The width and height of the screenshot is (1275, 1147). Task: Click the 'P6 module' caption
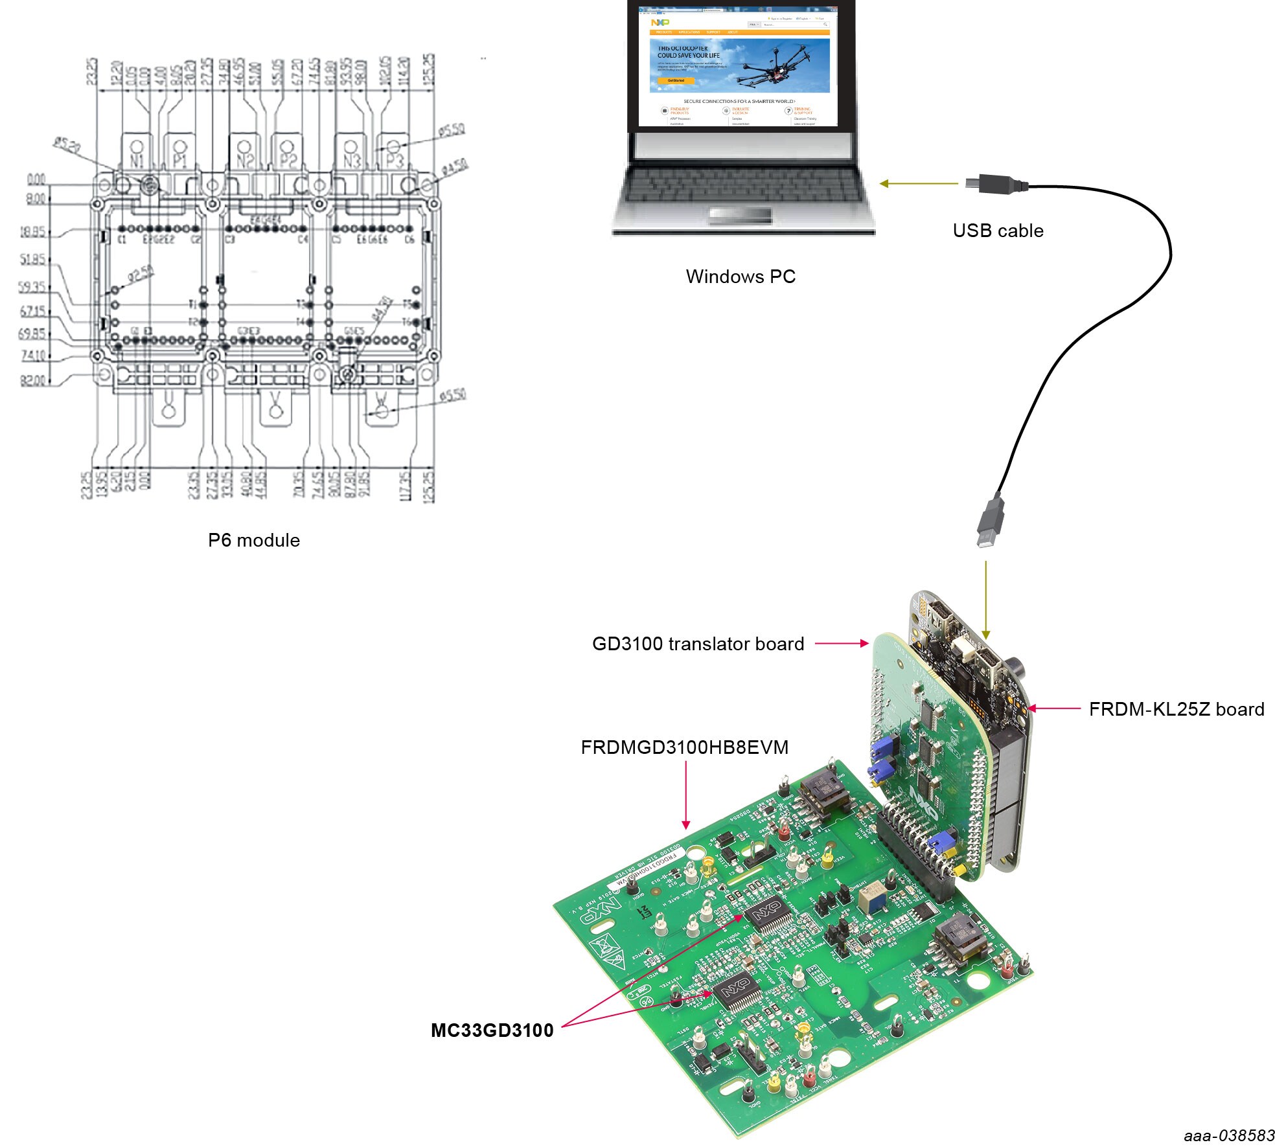point(254,540)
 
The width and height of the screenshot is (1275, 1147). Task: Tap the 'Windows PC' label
point(741,277)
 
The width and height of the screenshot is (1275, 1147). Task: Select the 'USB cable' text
point(998,231)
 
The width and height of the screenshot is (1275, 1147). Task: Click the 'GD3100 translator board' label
point(698,644)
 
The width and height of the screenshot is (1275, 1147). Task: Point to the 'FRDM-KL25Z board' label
point(1176,709)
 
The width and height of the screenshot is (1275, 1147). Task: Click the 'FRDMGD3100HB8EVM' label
point(684,747)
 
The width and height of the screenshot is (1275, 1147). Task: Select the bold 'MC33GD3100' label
point(492,1030)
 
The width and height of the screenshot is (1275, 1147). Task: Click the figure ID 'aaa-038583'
point(1229,1135)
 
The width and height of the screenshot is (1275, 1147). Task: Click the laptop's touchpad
point(741,215)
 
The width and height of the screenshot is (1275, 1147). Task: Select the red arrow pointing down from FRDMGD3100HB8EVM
point(685,797)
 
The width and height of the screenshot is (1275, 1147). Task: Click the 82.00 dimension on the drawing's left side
point(33,380)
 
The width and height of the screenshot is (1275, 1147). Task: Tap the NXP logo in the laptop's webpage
point(660,23)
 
